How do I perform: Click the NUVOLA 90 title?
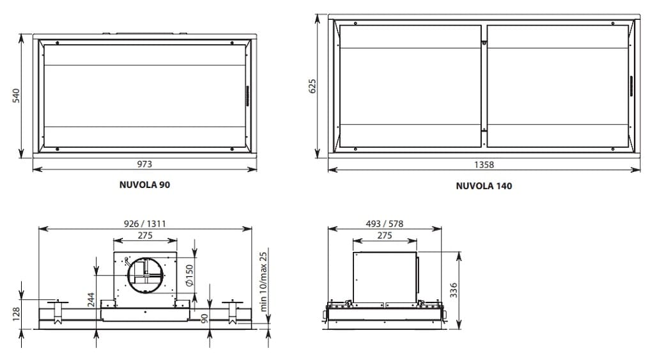144,185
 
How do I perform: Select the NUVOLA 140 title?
484,186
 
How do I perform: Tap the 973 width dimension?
144,164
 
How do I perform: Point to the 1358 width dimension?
484,165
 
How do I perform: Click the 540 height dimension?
16,96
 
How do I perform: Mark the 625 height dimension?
312,86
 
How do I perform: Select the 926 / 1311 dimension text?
144,224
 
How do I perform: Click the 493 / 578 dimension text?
384,224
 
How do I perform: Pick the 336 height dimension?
453,290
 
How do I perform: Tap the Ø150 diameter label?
189,276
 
